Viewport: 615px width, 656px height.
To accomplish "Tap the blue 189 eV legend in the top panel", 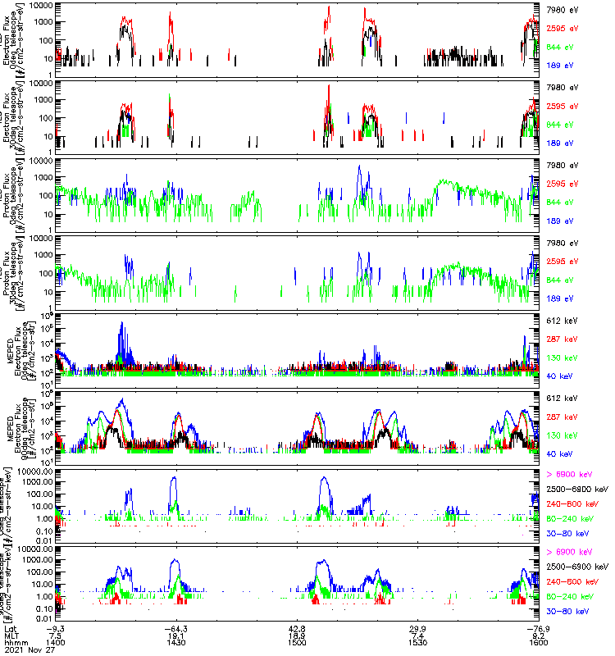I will point(559,65).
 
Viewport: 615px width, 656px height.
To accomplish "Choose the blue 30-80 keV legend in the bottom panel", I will point(571,612).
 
